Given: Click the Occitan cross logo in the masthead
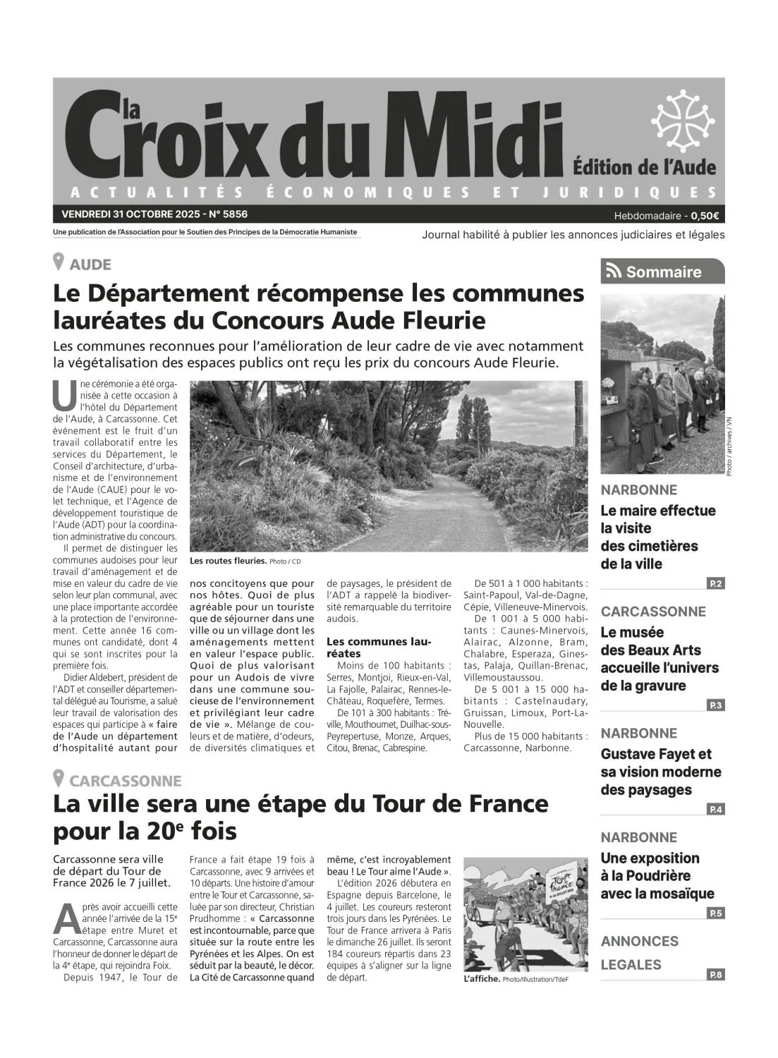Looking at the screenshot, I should [683, 121].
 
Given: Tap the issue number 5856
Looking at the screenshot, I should [233, 214].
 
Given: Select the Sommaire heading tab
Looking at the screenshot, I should [662, 272].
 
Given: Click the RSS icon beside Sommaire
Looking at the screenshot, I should [614, 272].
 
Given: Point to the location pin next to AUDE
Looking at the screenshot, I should [59, 262].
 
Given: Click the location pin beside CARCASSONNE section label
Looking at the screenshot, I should [59, 779].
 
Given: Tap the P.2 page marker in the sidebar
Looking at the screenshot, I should [715, 583].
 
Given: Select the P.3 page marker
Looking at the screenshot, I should [715, 705].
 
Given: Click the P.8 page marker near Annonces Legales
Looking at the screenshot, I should [715, 975].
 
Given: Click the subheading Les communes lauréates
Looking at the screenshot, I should [378, 647].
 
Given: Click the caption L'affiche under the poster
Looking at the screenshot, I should [482, 979].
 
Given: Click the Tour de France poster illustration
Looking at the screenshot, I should [525, 914].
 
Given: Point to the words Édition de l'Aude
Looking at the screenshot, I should [644, 167].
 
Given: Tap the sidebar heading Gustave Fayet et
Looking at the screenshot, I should [656, 754].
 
